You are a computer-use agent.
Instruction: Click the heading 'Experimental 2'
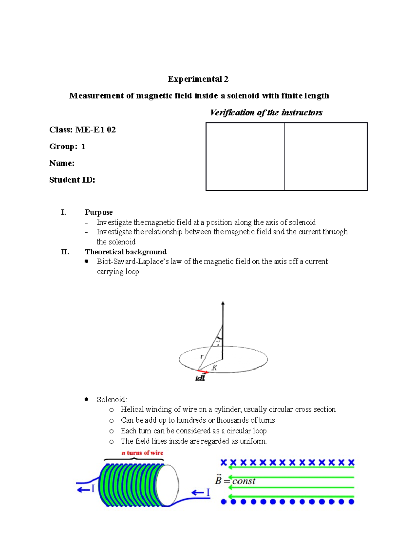point(198,79)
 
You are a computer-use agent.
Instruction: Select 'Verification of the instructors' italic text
point(266,113)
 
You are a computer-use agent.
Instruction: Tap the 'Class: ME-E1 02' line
point(82,130)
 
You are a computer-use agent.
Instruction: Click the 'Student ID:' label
point(72,180)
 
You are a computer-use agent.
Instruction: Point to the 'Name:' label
point(62,163)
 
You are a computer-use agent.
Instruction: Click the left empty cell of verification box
point(245,157)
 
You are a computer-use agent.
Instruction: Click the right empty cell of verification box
point(326,157)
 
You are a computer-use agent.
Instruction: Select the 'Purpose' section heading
point(98,212)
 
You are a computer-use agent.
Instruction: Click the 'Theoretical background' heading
point(125,252)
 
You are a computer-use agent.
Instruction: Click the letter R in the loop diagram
point(214,368)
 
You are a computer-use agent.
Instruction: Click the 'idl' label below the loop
point(200,378)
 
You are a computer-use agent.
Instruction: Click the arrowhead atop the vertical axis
point(223,303)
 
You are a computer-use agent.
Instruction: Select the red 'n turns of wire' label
point(142,453)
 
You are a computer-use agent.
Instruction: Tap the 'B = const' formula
point(235,481)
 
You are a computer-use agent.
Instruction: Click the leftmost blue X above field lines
point(224,463)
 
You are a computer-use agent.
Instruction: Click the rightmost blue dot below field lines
point(351,502)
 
